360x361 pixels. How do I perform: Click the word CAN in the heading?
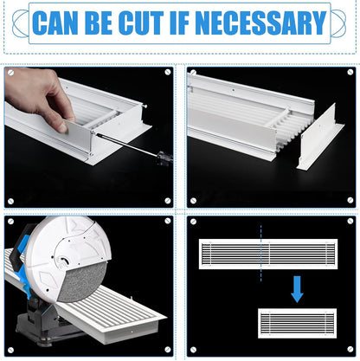pos(55,23)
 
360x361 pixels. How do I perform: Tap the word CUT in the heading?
pos(141,23)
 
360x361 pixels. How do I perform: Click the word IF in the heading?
pos(179,23)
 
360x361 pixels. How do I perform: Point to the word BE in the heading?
pos(98,23)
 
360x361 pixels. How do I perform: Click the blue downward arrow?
pos(297,289)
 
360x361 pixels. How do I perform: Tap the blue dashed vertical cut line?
pos(261,254)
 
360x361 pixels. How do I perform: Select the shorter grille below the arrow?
pos(297,323)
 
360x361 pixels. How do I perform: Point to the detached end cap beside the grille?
pos(320,137)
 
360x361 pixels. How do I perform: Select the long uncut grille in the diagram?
pos(268,254)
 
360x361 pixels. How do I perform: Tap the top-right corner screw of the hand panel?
pos(168,72)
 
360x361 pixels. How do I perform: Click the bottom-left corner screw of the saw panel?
pos(10,350)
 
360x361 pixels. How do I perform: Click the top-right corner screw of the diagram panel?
pos(350,221)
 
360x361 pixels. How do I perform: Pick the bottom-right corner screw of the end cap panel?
pos(350,200)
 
